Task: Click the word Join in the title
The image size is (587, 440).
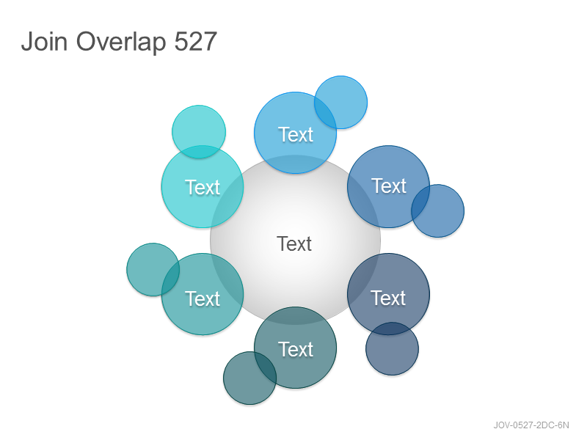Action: [x=44, y=41]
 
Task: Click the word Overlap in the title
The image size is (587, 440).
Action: [x=121, y=42]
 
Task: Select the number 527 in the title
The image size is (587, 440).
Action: [x=196, y=41]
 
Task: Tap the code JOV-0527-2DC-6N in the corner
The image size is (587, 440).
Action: [x=531, y=425]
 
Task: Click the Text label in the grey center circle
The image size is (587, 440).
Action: [x=294, y=244]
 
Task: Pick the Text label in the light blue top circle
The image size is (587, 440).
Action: [x=296, y=135]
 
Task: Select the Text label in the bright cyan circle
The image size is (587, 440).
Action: [x=203, y=188]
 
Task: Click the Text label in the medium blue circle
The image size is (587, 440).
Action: [x=389, y=186]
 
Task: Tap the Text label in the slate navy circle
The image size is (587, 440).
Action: [x=388, y=298]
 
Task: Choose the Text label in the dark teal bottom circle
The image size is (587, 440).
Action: [x=296, y=350]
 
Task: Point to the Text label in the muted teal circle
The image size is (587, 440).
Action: [x=203, y=299]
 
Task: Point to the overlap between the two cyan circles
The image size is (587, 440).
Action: [x=199, y=152]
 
